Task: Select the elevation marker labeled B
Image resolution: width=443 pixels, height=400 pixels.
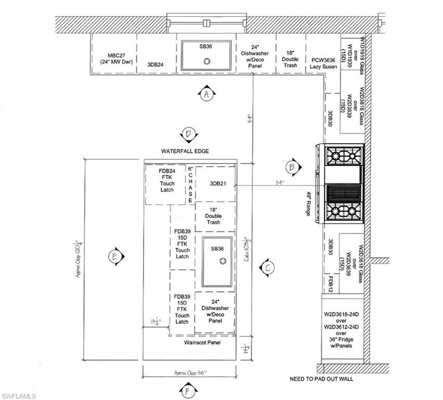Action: click(292, 167)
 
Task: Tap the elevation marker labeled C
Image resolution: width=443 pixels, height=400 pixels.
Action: click(267, 268)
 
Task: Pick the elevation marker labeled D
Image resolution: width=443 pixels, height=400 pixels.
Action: click(189, 134)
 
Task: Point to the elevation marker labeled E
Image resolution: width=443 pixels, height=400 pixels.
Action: click(113, 256)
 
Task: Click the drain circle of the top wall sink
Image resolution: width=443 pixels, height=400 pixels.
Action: click(207, 61)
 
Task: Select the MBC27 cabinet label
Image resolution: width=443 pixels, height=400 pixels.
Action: click(113, 58)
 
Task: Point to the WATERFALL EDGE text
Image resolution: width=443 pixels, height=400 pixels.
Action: click(185, 151)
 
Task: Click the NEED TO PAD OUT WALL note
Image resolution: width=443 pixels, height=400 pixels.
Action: click(321, 379)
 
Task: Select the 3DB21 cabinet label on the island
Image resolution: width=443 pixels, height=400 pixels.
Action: click(217, 183)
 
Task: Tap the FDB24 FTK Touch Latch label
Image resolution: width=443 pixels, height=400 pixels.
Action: click(166, 180)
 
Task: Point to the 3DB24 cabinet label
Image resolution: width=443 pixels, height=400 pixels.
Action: click(155, 65)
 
